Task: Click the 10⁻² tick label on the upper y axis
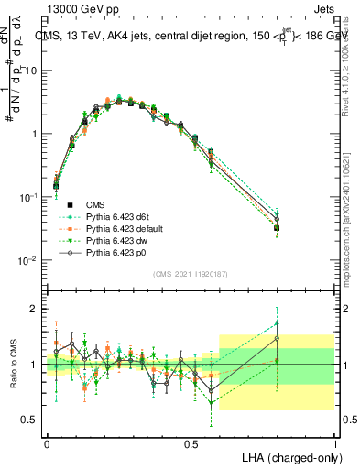(x=30, y=260)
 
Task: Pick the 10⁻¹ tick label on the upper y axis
(x=30, y=197)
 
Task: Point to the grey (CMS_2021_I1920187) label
(x=191, y=274)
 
